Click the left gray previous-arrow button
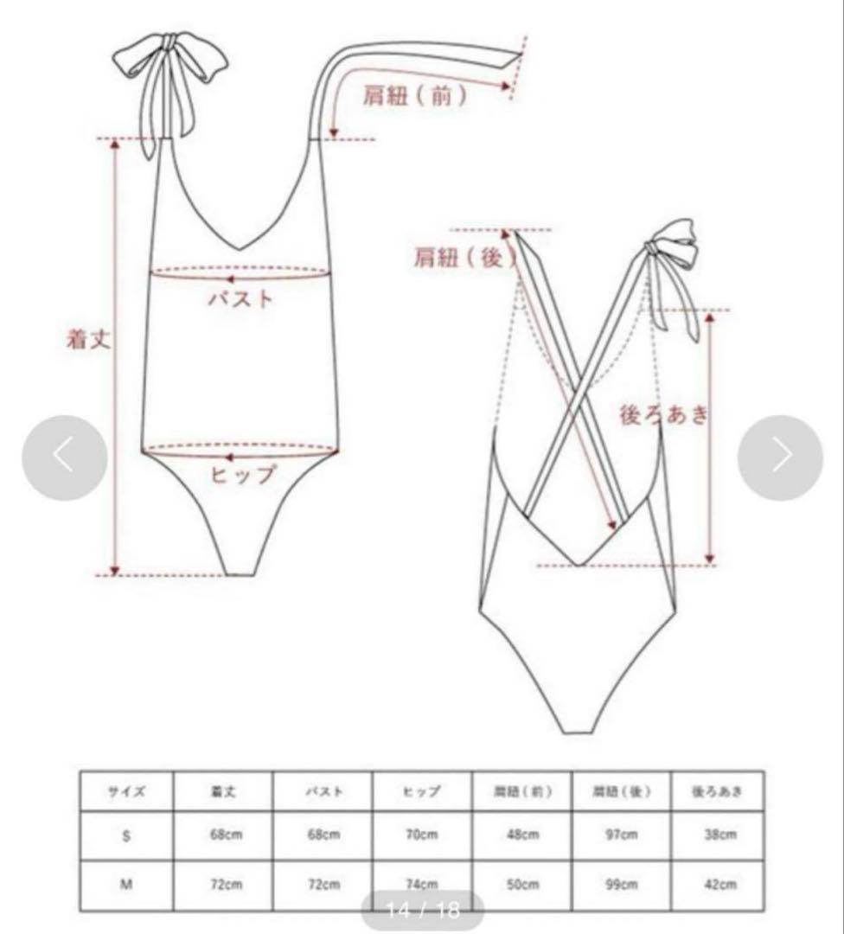click(x=65, y=457)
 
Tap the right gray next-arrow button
click(x=780, y=457)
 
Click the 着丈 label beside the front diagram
click(x=90, y=338)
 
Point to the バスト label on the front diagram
click(x=241, y=300)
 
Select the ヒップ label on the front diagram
click(x=243, y=473)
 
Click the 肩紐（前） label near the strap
click(x=415, y=96)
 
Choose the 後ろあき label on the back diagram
click(x=664, y=414)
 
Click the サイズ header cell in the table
click(x=126, y=790)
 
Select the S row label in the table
click(x=126, y=835)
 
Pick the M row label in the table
click(x=126, y=885)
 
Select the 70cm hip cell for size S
click(x=423, y=835)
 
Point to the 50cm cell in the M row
click(x=522, y=885)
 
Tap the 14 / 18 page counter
click(x=422, y=911)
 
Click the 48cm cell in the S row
click(x=522, y=835)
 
